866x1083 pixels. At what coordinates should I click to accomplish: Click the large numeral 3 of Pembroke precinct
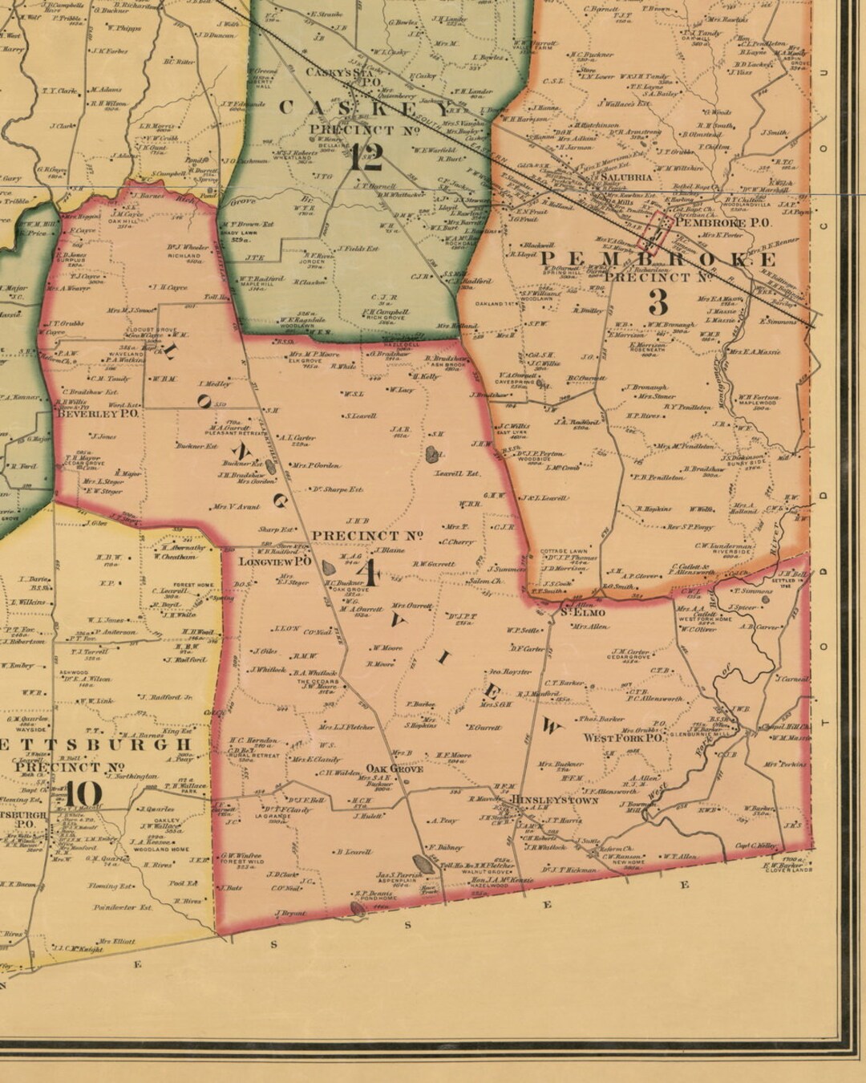[x=658, y=302]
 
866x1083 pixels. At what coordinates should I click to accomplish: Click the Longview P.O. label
[x=275, y=562]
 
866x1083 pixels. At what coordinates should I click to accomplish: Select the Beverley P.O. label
[x=98, y=414]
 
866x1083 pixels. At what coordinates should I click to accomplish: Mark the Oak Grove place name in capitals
[x=395, y=769]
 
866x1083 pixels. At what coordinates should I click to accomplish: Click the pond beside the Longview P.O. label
[x=329, y=568]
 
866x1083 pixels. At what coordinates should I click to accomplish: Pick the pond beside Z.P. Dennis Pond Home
[x=358, y=909]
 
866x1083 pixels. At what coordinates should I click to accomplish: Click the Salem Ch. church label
[x=485, y=581]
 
